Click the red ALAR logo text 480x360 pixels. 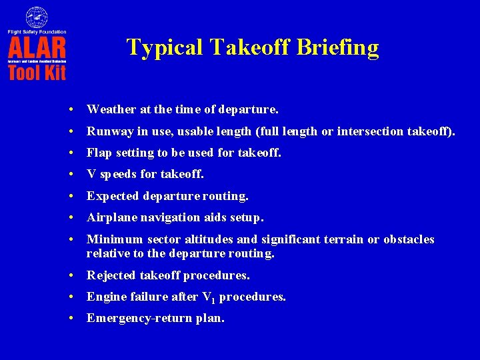[x=37, y=48]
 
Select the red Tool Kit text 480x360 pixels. [x=37, y=71]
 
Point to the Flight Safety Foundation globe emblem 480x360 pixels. [x=37, y=17]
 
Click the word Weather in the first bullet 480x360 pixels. [x=109, y=109]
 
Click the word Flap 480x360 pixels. [x=99, y=153]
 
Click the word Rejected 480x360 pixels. [x=110, y=275]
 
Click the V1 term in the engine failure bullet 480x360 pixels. [x=208, y=297]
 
